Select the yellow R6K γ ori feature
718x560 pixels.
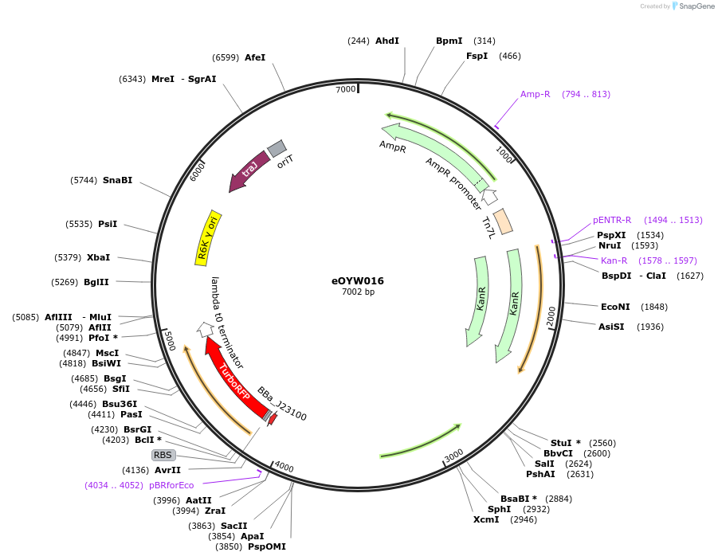click(x=209, y=239)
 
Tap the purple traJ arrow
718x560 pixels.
click(x=247, y=170)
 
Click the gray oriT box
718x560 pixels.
click(x=276, y=148)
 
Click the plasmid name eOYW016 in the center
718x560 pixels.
click(x=358, y=281)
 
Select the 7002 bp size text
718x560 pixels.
click(x=358, y=293)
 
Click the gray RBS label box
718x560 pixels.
click(x=163, y=455)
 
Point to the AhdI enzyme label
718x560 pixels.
click(x=387, y=41)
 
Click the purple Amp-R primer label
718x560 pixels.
click(x=536, y=94)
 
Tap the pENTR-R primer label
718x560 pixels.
click(x=612, y=220)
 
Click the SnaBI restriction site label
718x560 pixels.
click(x=117, y=181)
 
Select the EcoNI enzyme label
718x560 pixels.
click(x=615, y=307)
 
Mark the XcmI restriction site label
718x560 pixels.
click(x=486, y=519)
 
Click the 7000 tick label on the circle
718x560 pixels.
click(x=345, y=89)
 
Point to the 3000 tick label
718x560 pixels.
click(x=453, y=455)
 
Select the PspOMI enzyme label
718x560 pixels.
click(x=266, y=546)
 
